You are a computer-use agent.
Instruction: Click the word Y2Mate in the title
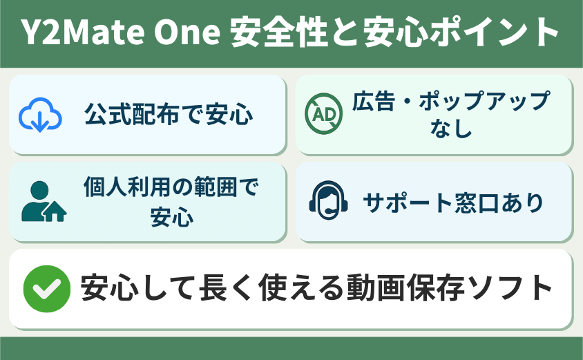pos(83,32)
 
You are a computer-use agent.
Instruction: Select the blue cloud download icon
pos(40,115)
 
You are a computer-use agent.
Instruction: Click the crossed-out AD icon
pos(323,113)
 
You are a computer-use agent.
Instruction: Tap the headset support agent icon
pos(328,201)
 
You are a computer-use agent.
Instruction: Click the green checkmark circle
pos(47,289)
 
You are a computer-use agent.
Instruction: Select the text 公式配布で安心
pos(169,114)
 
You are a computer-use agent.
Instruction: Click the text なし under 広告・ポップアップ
pos(451,129)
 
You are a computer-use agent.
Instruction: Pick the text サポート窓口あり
pos(453,202)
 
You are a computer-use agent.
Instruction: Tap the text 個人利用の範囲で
pos(171,187)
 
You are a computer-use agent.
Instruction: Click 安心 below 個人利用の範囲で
pos(172,216)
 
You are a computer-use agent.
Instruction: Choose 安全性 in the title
pos(279,32)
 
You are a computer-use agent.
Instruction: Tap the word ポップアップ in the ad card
pos(485,100)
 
